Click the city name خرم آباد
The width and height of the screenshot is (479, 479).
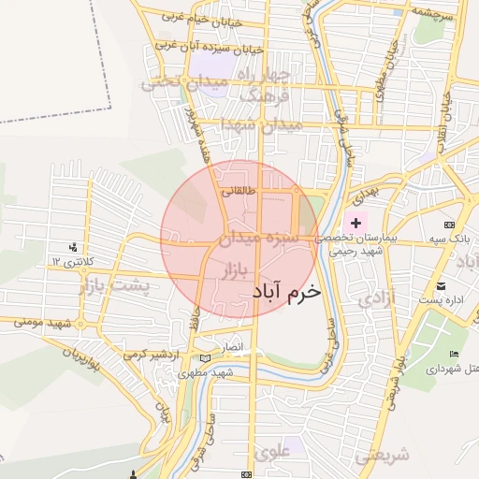tap(286, 291)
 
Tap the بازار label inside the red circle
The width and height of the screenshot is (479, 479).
tap(237, 271)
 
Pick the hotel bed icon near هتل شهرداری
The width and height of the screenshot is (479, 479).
tap(454, 354)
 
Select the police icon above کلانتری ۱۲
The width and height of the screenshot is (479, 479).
tap(73, 248)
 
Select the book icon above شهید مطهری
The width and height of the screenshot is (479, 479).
tap(206, 359)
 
